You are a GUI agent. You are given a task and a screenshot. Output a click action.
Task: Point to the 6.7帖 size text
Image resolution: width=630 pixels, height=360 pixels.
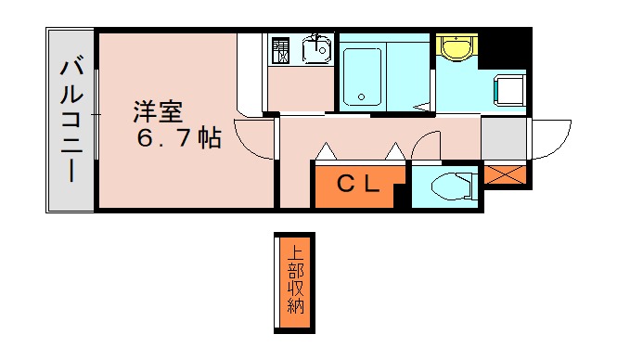tap(179, 140)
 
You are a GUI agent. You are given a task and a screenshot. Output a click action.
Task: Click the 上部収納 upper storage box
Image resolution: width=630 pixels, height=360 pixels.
tap(294, 281)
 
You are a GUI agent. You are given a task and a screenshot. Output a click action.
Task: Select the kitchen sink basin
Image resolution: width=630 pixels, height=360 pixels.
tap(316, 46)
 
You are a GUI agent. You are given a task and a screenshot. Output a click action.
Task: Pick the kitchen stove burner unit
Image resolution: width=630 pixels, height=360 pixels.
tap(281, 50)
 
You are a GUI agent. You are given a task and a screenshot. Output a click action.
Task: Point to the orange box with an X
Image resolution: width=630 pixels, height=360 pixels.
tap(505, 174)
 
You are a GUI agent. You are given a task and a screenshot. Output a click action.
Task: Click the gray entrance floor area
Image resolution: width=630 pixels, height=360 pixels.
tap(503, 139)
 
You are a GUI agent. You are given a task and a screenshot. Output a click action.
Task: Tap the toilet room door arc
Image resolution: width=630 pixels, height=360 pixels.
tap(426, 147)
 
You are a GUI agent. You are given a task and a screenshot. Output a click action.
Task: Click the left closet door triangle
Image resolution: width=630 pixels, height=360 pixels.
tap(326, 150)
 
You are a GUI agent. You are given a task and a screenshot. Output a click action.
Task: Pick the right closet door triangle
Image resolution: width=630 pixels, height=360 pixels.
tap(394, 150)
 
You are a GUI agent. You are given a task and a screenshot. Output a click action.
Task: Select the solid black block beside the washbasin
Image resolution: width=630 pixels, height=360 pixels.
tap(506, 46)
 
